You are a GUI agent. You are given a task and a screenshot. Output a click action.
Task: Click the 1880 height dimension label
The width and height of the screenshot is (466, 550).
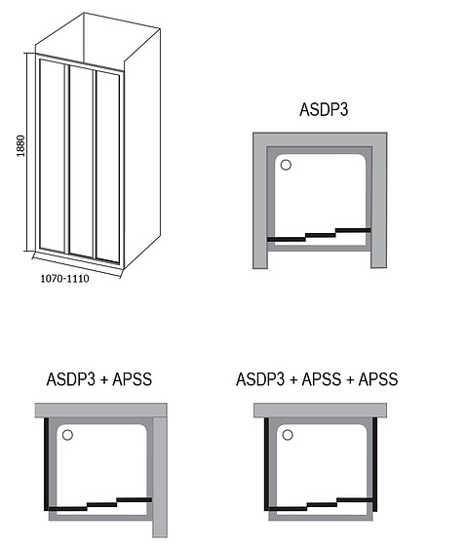pos(21,146)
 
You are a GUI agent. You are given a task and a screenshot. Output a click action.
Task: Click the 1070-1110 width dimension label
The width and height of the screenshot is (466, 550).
pos(65,279)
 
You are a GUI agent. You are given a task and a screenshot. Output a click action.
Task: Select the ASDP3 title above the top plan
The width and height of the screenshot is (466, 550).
pos(324,109)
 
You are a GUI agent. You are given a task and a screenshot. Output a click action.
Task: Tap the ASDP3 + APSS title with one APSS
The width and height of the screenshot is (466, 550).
pos(99,379)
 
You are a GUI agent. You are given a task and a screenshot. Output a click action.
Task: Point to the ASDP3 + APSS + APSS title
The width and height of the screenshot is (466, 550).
pos(317,379)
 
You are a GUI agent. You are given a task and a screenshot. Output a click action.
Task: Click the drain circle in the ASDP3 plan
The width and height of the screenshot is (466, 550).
pos(286,165)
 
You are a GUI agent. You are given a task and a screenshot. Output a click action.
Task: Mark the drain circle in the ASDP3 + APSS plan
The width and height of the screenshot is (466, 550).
pos(67,435)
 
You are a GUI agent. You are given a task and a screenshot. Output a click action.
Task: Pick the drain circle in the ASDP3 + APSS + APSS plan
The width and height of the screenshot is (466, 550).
pos(288,435)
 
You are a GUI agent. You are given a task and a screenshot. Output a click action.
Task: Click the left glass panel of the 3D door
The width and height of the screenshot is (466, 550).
pos(53,155)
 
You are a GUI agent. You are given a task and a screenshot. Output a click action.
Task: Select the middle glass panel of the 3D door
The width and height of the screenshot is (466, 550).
pos(81,161)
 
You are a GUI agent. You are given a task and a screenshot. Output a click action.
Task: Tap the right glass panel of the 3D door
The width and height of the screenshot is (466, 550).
pos(107,166)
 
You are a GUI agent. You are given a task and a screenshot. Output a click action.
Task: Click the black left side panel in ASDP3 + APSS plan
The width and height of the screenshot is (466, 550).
pos(46,464)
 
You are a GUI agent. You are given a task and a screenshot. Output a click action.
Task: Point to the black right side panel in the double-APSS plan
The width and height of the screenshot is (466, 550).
pos(374,464)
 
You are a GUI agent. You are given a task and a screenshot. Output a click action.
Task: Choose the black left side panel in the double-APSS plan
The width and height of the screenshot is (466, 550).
pos(266,464)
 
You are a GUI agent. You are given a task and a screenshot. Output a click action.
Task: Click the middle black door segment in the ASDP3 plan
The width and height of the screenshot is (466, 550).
pos(320,235)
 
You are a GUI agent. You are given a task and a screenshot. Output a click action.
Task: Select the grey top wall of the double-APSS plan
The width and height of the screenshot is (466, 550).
pos(320,410)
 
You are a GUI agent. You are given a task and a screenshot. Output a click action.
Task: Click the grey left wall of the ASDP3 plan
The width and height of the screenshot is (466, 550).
pos(260,200)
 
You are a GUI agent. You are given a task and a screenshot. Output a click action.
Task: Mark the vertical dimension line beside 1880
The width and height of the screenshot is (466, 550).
pos(27,152)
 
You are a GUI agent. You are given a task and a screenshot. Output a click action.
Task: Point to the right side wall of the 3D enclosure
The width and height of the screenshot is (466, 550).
pos(142,147)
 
